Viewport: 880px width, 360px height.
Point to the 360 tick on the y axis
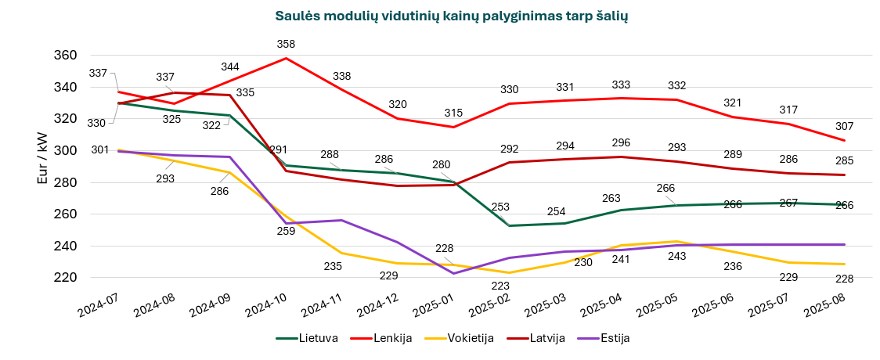coord(66,56)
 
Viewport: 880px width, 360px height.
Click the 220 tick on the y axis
coord(66,277)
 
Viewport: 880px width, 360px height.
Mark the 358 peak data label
coord(286,45)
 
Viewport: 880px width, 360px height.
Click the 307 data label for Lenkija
coord(845,126)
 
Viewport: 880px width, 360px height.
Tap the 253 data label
coord(500,207)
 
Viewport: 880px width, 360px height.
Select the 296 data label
coord(621,142)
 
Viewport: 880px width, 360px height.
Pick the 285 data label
coord(845,160)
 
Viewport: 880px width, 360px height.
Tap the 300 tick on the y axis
coord(66,150)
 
